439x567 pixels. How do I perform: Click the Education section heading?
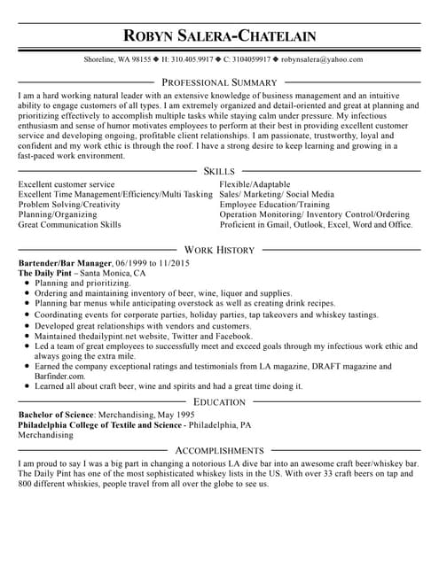[x=219, y=402]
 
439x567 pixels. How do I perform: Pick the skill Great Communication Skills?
[x=69, y=225]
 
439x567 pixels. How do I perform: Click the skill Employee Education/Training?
[x=274, y=205]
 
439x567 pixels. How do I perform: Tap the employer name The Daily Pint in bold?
[x=44, y=274]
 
